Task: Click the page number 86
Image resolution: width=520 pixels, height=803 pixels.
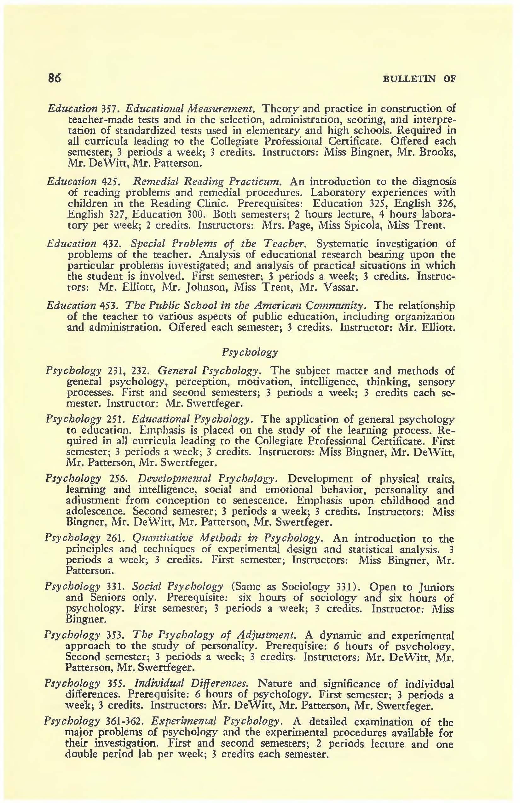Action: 54,78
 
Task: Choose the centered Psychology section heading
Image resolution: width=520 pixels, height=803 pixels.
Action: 250,352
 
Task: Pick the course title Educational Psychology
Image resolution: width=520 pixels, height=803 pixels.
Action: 192,419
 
